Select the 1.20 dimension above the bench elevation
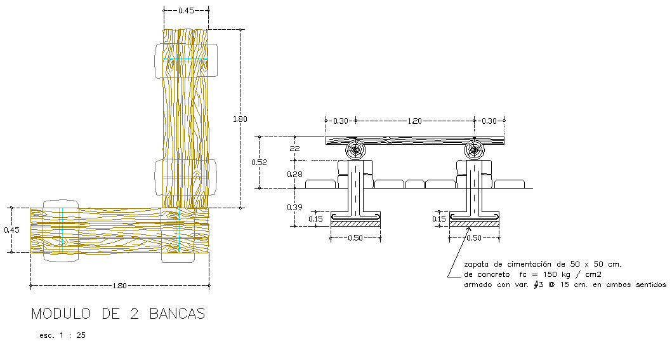point(416,120)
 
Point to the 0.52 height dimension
point(259,162)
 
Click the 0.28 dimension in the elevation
point(294,174)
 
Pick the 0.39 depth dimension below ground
point(294,207)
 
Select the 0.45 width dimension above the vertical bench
point(186,10)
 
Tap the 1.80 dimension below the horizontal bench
point(119,286)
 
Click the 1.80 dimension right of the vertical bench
point(240,119)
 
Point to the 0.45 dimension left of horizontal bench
point(11,230)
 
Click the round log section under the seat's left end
point(355,150)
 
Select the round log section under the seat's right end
point(474,150)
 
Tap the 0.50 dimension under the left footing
point(355,238)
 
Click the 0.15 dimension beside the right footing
point(438,219)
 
